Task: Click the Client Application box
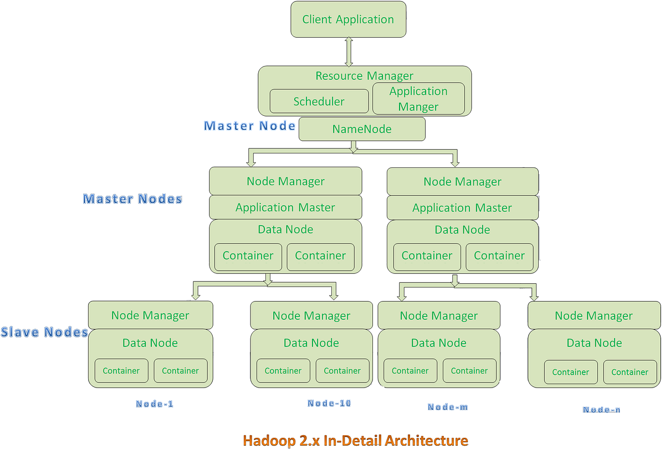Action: [x=349, y=19]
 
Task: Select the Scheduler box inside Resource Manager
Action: [x=319, y=101]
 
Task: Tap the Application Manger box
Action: [x=418, y=99]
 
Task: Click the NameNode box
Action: [x=362, y=129]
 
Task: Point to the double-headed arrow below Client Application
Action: [x=349, y=52]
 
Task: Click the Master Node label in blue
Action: [x=249, y=126]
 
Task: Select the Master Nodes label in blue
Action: [x=132, y=198]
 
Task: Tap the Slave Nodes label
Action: [x=44, y=332]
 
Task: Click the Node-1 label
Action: [x=155, y=404]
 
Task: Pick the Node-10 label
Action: [x=329, y=403]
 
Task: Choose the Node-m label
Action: [x=448, y=407]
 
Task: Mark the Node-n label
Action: [x=601, y=410]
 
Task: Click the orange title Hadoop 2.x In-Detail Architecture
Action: [x=355, y=441]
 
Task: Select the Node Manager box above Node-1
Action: [x=150, y=315]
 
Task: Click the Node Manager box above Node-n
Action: [x=594, y=316]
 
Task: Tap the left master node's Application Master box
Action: [x=285, y=207]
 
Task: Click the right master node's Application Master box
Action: [x=462, y=208]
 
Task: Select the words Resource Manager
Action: [x=364, y=76]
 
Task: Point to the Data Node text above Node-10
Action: [x=311, y=343]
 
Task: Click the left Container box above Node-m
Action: [x=410, y=371]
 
